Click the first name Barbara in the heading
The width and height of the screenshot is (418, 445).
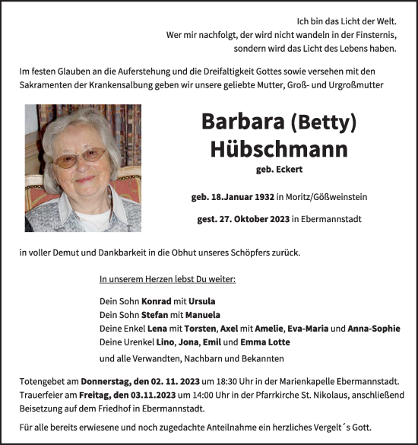(x=239, y=122)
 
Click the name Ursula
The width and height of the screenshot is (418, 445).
(x=201, y=300)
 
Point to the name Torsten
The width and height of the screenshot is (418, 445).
(x=198, y=329)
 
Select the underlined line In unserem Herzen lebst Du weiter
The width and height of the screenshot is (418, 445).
(x=167, y=279)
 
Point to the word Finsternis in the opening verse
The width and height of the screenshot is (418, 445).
(x=373, y=34)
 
